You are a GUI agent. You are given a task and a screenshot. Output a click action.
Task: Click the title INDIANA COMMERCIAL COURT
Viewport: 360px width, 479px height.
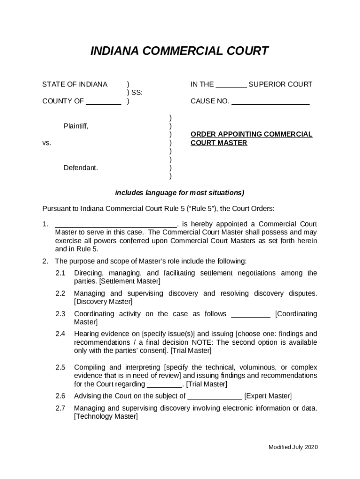point(180,51)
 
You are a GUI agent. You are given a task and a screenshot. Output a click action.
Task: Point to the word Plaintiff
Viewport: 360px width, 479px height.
point(76,126)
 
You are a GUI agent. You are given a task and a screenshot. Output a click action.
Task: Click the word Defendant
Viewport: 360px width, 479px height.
point(81,168)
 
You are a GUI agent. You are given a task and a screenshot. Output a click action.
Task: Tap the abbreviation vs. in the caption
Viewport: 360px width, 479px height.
point(47,143)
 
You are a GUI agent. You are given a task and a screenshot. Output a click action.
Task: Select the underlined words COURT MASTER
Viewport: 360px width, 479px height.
point(219,143)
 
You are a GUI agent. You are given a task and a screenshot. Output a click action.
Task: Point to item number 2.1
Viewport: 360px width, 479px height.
point(60,273)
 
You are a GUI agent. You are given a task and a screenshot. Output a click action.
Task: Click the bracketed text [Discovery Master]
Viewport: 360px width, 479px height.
point(103,302)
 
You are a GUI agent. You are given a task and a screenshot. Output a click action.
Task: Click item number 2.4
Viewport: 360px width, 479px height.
point(60,334)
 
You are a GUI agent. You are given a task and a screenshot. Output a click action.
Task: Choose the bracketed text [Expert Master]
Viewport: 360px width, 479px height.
point(268,396)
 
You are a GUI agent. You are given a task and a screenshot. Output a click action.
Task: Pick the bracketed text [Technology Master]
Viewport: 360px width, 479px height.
point(106,416)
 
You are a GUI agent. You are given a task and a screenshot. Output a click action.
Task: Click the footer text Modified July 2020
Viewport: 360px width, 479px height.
point(293,447)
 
